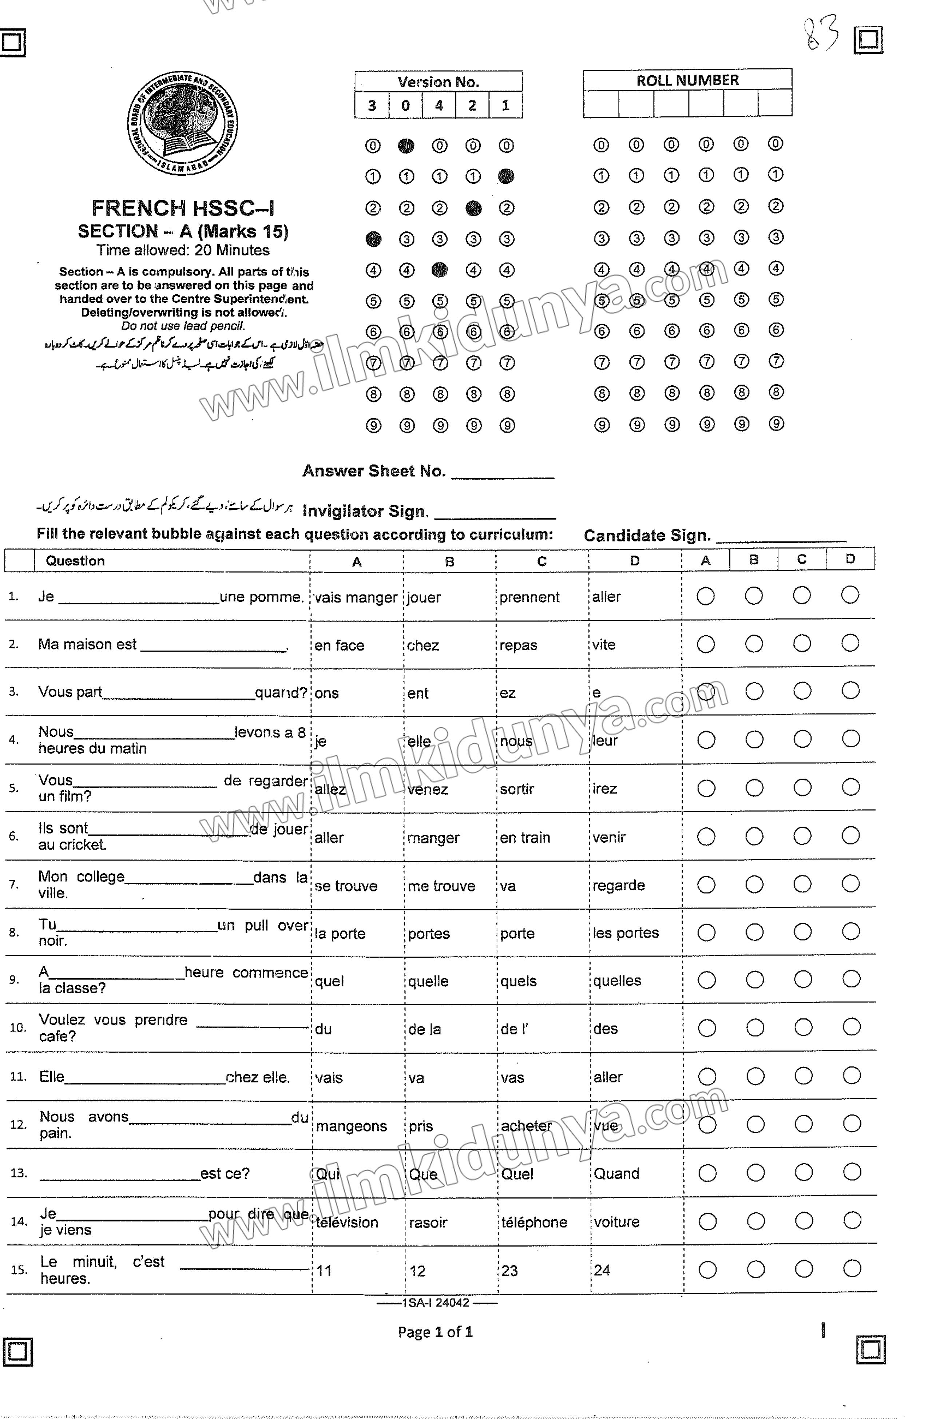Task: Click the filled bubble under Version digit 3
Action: click(373, 239)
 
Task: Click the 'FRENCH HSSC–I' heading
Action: click(182, 208)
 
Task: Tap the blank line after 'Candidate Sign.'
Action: click(780, 537)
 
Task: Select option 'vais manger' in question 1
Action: click(356, 597)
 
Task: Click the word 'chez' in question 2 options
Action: click(423, 645)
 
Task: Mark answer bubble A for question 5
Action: click(706, 788)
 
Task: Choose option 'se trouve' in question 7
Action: click(346, 886)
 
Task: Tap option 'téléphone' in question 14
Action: click(534, 1222)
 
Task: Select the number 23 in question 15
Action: click(509, 1271)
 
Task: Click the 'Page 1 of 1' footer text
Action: click(435, 1332)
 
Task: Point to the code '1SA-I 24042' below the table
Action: click(436, 1303)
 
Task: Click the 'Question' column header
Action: click(75, 561)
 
